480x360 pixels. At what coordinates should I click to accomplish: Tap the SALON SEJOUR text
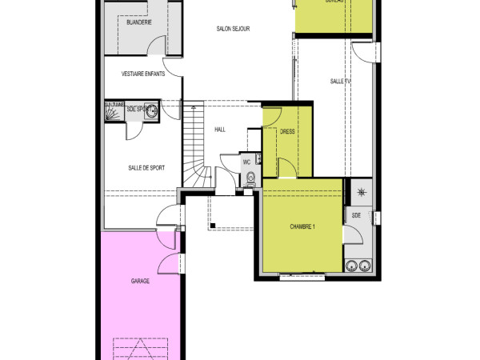point(233,29)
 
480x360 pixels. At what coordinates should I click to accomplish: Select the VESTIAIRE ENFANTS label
point(143,74)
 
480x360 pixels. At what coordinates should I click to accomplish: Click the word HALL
point(220,130)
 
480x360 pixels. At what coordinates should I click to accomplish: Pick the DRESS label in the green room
point(288,133)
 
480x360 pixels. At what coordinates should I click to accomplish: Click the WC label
point(247,162)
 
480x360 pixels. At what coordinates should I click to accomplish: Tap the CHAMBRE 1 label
point(302,227)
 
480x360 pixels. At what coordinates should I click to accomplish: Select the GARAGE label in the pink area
point(140,281)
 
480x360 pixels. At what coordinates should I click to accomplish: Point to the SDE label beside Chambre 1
point(356,216)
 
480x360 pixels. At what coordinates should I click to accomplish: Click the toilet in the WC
point(250,178)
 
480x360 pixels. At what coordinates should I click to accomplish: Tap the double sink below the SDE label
point(358,266)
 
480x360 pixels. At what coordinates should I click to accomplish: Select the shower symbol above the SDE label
point(362,192)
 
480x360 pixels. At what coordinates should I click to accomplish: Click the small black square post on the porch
point(212,226)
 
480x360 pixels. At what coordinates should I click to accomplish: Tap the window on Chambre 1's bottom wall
point(302,278)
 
